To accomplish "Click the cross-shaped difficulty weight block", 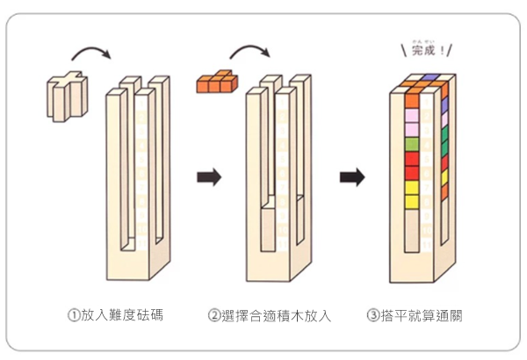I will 69,97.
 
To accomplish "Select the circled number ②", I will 214,314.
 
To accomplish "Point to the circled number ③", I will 373,314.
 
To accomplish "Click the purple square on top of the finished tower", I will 427,83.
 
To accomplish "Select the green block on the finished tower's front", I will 410,145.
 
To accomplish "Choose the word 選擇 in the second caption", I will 239,314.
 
